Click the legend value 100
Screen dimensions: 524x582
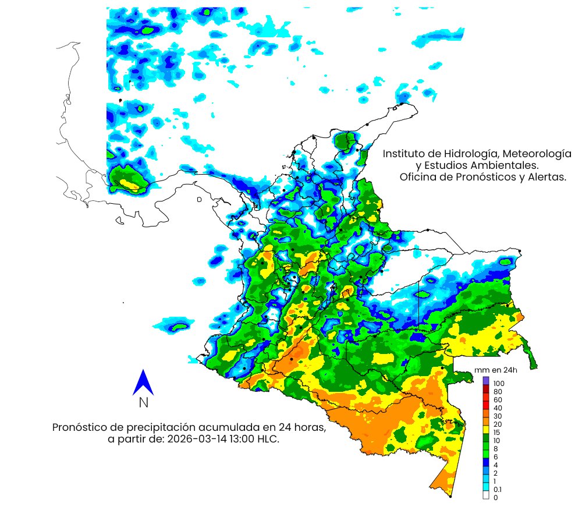click(x=499, y=384)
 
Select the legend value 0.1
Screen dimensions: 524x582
click(x=498, y=490)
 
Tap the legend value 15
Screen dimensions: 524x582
click(x=497, y=433)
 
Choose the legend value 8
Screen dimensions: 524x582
click(x=495, y=449)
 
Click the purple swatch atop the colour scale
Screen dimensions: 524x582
click(x=486, y=380)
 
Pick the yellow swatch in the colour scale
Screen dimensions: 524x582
click(x=486, y=429)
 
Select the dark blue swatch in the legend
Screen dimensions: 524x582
click(x=486, y=461)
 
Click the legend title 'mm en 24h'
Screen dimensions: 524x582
click(x=496, y=370)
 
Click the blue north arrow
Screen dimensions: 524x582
click(x=143, y=383)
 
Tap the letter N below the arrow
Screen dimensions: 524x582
click(x=143, y=403)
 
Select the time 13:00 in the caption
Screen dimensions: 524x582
click(x=241, y=440)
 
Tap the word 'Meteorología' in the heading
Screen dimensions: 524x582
click(x=535, y=154)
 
